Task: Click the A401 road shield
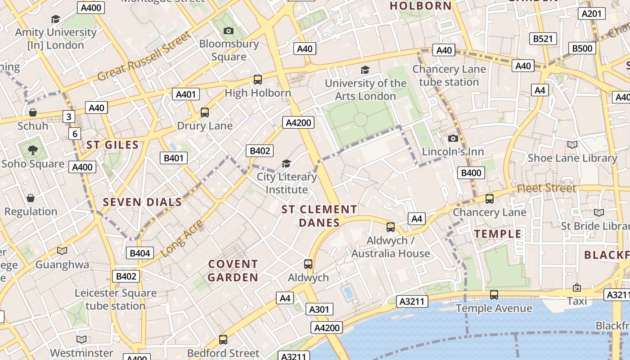[186, 94]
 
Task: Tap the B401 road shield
[174, 158]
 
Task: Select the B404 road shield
[140, 253]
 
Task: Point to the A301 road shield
[319, 309]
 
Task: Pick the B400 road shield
[471, 173]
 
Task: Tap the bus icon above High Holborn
[258, 80]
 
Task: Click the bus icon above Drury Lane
[205, 112]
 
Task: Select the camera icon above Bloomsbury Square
[229, 31]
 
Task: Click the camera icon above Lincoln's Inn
[453, 138]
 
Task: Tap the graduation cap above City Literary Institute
[286, 163]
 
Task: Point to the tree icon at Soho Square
[32, 150]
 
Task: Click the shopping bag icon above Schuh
[32, 112]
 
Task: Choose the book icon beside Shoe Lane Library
[572, 144]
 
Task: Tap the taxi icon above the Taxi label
[576, 287]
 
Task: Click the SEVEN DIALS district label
[142, 202]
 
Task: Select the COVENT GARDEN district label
[233, 270]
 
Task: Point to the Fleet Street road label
[546, 188]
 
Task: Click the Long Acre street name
[182, 239]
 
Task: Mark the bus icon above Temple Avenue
[494, 295]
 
